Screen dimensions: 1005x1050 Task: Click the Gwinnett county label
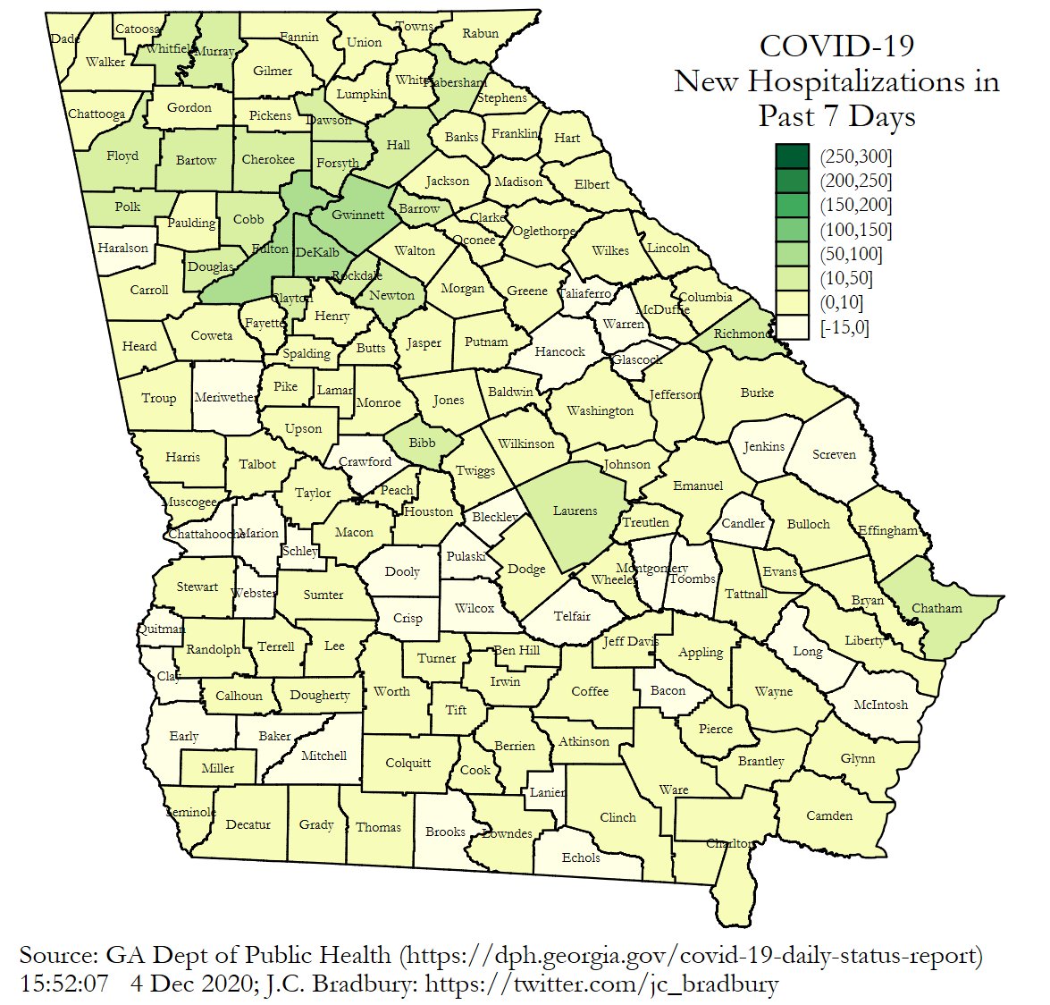pos(357,215)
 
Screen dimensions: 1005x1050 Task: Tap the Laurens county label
pos(575,511)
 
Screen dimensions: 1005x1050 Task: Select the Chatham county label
pos(937,608)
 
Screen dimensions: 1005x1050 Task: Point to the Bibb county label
pos(422,443)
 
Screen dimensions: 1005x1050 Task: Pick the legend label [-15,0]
pos(844,327)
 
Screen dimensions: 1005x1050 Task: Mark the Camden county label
pos(829,815)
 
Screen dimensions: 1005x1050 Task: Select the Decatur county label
pos(248,824)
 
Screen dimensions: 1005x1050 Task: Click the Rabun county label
pos(480,34)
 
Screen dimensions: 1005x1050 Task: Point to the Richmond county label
pos(741,334)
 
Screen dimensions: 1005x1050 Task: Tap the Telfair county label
pos(572,616)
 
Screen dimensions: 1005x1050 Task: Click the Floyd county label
pos(122,156)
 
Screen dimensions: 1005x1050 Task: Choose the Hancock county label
pos(559,351)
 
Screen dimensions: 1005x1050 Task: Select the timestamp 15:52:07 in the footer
pos(63,984)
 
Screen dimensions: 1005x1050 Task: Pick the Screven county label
pos(834,454)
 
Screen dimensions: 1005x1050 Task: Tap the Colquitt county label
pos(407,763)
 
